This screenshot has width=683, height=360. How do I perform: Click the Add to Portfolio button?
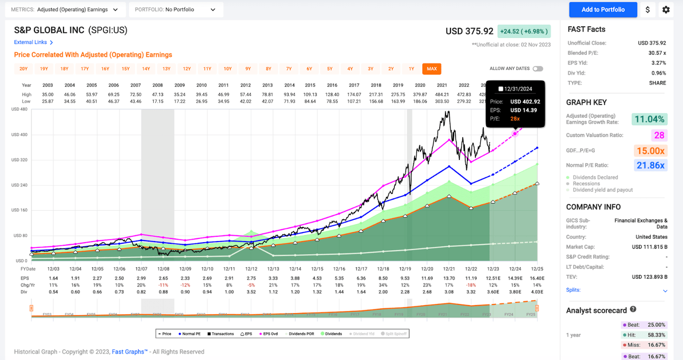coord(603,10)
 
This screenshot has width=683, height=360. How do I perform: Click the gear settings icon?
coord(665,10)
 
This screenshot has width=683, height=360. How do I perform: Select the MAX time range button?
coord(432,69)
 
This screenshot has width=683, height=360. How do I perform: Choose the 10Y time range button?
coord(227,69)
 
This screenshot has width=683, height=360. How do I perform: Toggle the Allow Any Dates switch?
coord(537,69)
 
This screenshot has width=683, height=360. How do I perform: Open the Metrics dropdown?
coord(66,10)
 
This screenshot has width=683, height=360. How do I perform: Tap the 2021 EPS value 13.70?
coord(449,278)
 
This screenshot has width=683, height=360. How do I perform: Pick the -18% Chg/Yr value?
coord(471,285)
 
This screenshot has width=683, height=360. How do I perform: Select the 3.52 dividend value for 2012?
coord(245,292)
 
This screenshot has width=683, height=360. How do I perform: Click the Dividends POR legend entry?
coord(302,334)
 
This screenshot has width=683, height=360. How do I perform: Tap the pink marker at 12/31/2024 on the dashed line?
coord(515,133)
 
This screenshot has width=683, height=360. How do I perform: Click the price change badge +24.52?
coord(523,31)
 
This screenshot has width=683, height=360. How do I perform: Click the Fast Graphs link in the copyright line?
coord(130,351)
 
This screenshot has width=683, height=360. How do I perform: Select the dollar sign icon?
coord(647,10)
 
